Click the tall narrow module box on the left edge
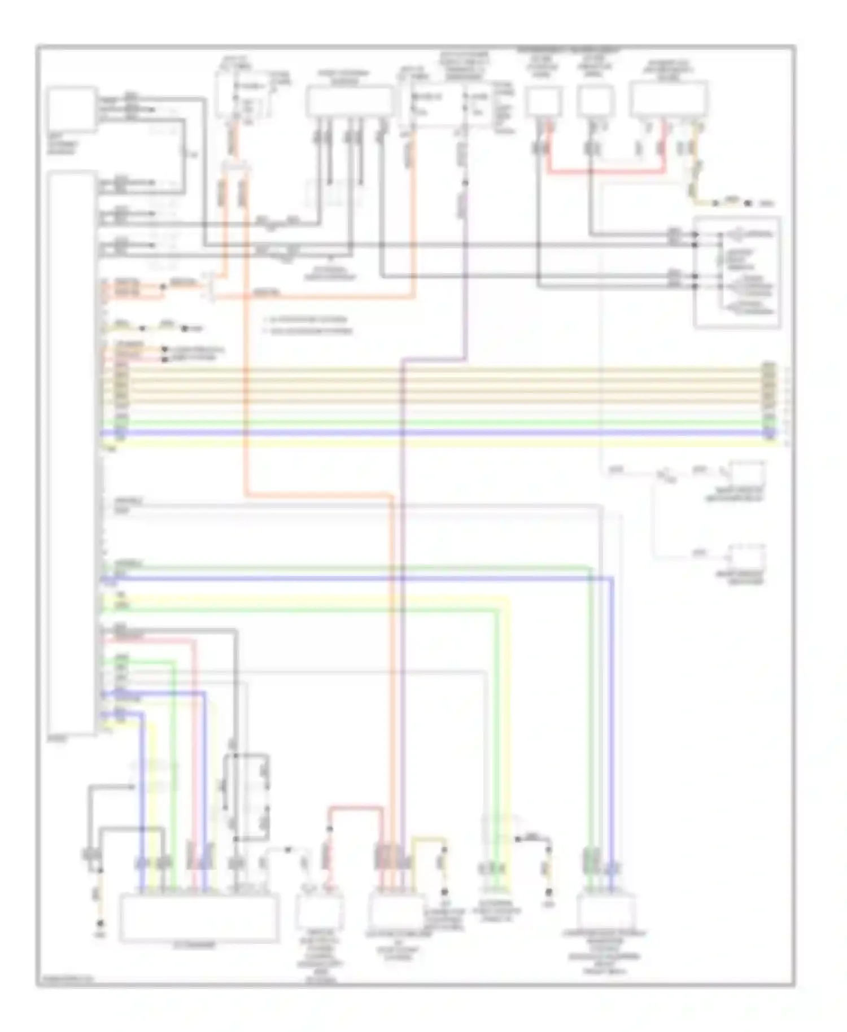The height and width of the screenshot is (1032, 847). click(x=72, y=452)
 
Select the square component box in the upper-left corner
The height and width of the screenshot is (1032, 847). click(x=71, y=110)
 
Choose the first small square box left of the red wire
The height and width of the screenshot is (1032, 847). click(x=544, y=102)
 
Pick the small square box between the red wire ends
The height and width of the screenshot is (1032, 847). click(x=596, y=102)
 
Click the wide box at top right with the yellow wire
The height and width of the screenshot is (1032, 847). click(x=669, y=99)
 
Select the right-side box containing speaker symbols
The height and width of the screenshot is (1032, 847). click(x=737, y=272)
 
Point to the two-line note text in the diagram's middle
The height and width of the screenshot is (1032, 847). click(x=308, y=325)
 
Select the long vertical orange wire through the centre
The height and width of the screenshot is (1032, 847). click(x=246, y=367)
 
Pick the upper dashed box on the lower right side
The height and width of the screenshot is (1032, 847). click(x=748, y=473)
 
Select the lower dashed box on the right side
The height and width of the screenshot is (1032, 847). click(x=748, y=557)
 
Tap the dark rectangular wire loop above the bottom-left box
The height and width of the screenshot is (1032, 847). click(x=246, y=796)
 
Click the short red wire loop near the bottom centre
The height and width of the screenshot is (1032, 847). click(x=356, y=809)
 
